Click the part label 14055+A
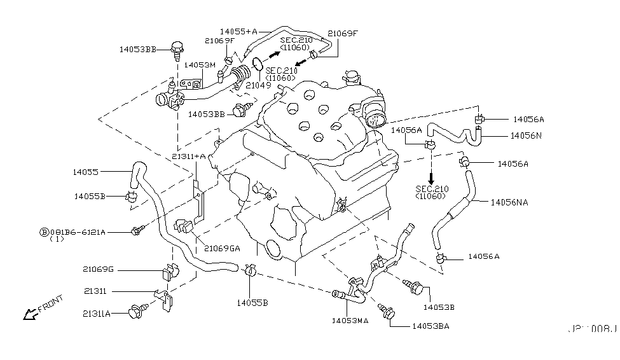click(x=238, y=31)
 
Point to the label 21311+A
click(x=189, y=156)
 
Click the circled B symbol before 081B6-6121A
click(x=44, y=232)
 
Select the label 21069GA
click(x=222, y=248)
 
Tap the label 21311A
click(x=96, y=313)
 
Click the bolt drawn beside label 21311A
click(x=135, y=313)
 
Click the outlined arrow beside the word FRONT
click(x=30, y=313)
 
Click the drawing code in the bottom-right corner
click(x=592, y=329)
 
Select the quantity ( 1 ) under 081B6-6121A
click(x=57, y=240)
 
